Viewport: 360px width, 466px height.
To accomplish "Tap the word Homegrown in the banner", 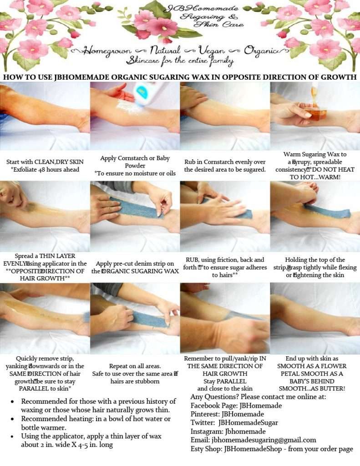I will (107, 51).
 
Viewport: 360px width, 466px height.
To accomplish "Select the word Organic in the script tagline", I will (262, 50).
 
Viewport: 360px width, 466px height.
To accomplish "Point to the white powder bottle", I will (145, 93).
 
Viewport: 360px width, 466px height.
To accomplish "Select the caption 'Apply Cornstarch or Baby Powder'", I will (135, 162).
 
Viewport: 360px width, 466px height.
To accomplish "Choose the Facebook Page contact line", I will (236, 405).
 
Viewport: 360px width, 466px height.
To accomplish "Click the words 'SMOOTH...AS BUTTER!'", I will (312, 389).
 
